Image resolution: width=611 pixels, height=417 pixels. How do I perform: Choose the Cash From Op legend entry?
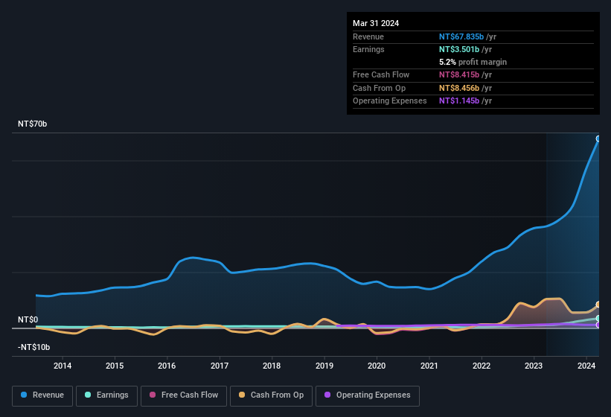(x=272, y=395)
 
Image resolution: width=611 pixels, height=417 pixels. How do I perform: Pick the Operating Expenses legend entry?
(x=368, y=395)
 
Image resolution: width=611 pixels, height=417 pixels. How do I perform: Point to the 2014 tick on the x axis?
(x=63, y=366)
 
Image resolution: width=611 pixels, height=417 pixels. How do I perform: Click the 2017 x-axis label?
(x=220, y=366)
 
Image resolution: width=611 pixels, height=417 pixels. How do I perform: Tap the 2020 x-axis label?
(x=377, y=366)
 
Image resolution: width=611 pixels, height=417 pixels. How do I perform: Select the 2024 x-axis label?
(x=586, y=366)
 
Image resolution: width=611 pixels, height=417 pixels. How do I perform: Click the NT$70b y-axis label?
(x=33, y=124)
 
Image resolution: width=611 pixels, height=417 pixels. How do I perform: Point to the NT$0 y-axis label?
(x=28, y=319)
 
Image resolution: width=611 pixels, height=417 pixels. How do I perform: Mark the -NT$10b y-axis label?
(x=33, y=347)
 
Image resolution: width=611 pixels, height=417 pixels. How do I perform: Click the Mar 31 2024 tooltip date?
(x=376, y=23)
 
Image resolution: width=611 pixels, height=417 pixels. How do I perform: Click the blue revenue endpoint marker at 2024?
(x=598, y=139)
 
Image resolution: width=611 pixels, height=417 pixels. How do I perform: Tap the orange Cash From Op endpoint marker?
(x=598, y=305)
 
